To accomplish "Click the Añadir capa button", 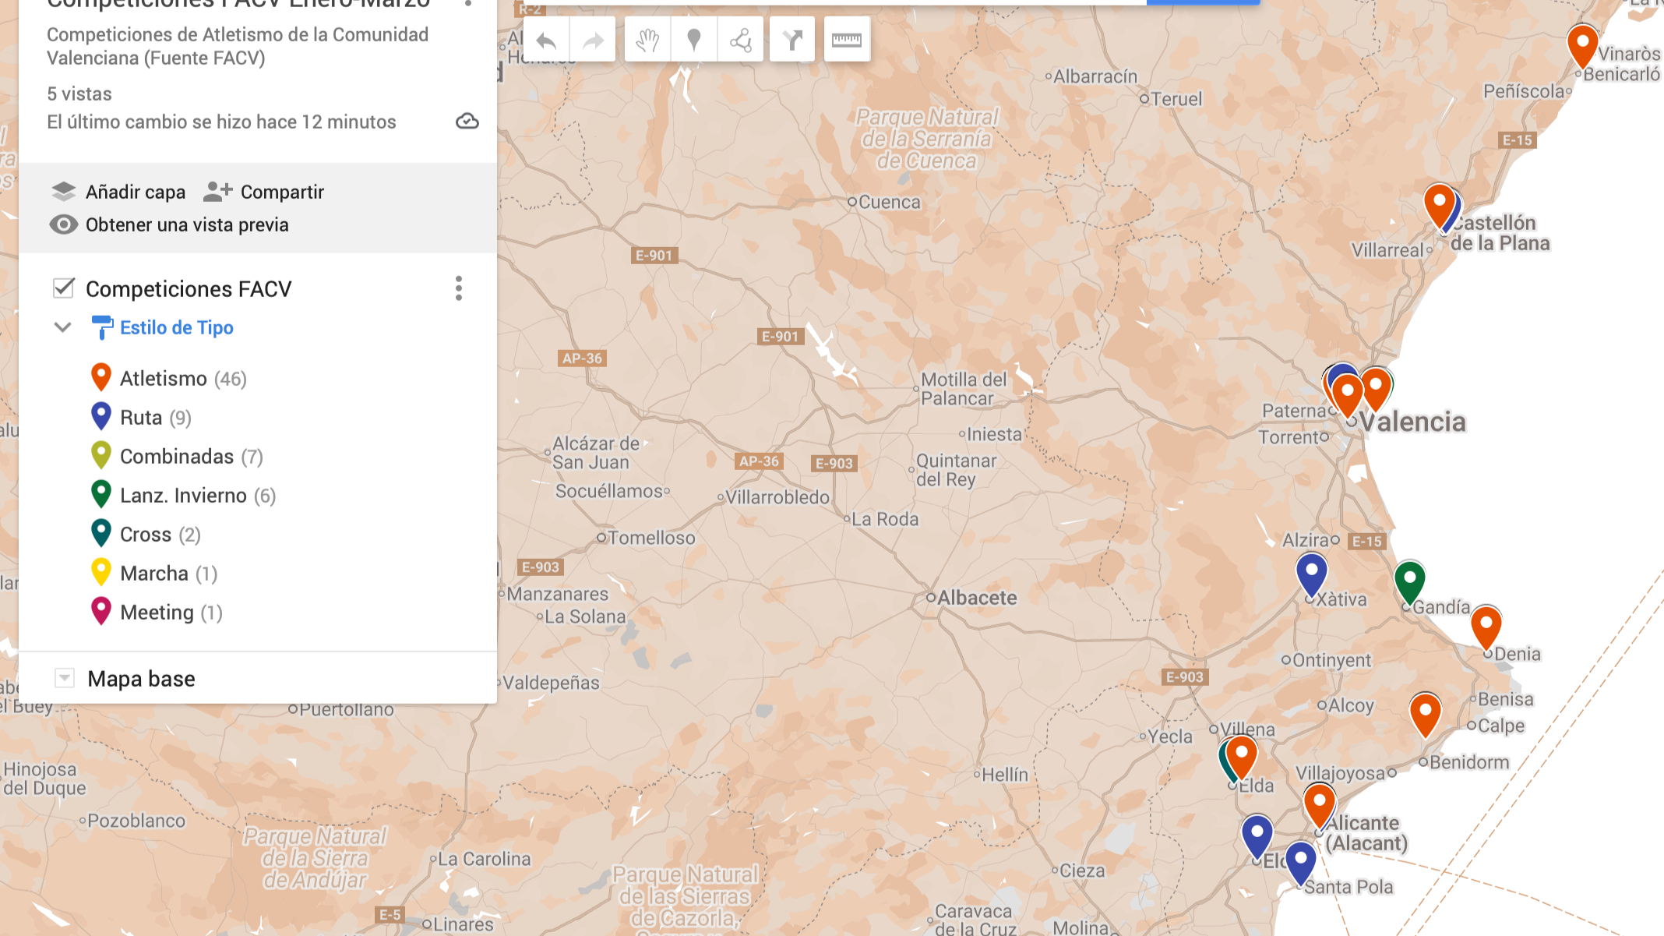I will [119, 192].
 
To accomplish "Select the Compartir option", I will [264, 192].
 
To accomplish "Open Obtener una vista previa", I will [170, 225].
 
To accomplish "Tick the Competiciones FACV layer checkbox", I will [64, 288].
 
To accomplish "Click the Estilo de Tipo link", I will [176, 328].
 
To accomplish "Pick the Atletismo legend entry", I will [163, 379].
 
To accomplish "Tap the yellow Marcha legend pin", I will [101, 572].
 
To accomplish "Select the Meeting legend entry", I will [157, 613].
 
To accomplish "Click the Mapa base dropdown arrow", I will [65, 678].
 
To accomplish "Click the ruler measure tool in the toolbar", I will [846, 40].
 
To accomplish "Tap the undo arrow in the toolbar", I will [546, 40].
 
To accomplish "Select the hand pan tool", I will [647, 40].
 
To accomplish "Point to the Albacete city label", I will [977, 598].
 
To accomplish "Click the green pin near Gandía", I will [1409, 579].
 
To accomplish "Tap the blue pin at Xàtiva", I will [1312, 572].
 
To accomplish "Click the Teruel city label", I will [1176, 99].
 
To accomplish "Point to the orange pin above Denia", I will [1486, 624].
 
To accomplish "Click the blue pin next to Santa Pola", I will [1300, 860].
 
